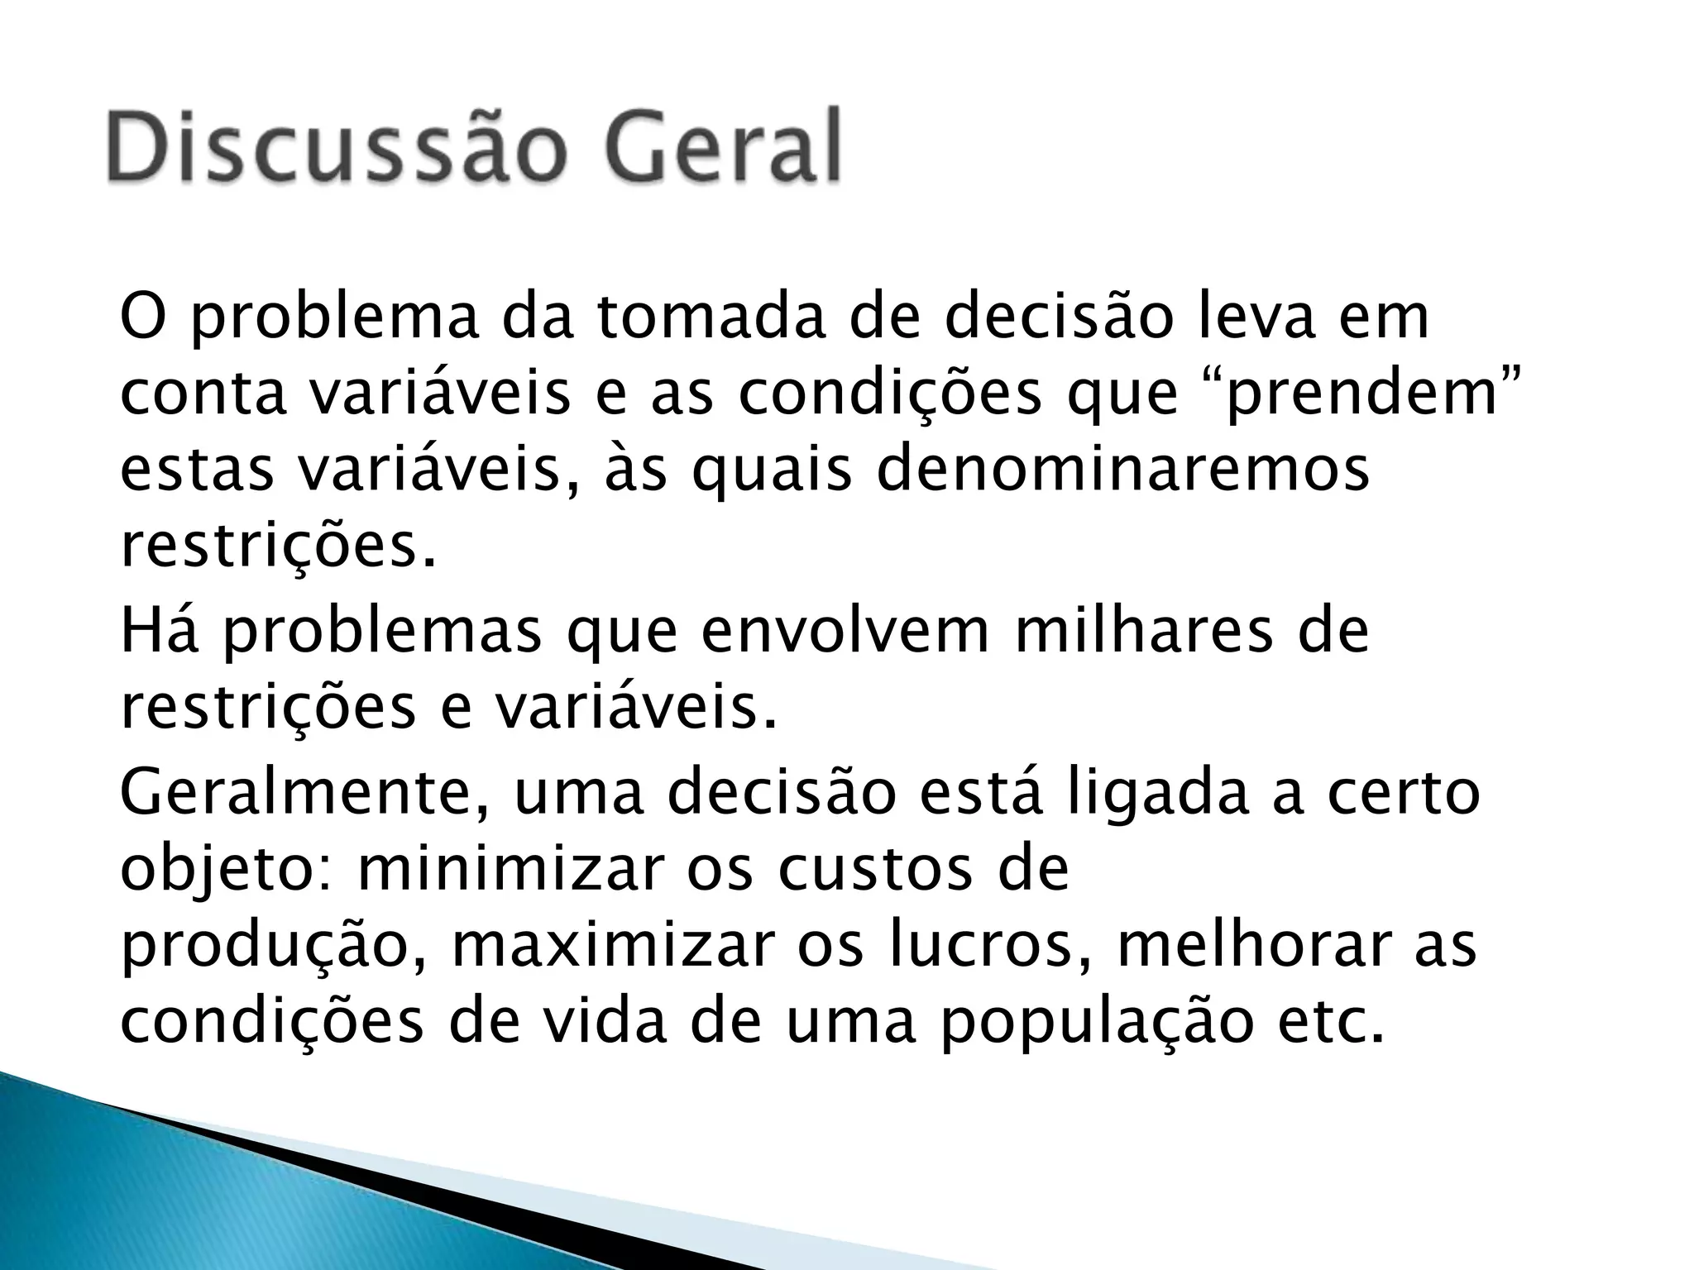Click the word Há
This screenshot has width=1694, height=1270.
click(160, 632)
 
